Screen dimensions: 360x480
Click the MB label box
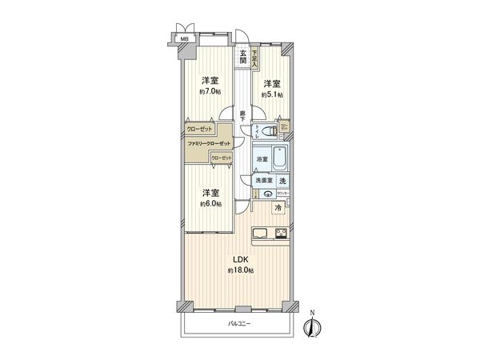click(184, 38)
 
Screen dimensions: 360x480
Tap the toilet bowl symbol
click(270, 130)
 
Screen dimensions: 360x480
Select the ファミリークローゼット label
click(209, 143)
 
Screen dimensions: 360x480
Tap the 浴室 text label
click(262, 160)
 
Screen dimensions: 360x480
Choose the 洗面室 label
click(264, 181)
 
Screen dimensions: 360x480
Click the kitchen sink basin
click(262, 234)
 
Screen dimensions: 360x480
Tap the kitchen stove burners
click(282, 234)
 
